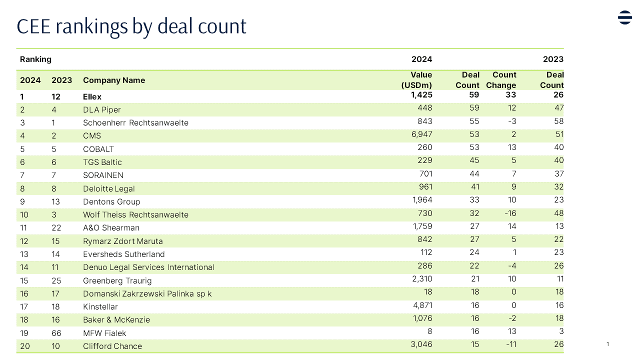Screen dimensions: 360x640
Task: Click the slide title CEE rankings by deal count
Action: pyautogui.click(x=131, y=26)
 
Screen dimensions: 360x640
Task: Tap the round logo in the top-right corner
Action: pyautogui.click(x=624, y=17)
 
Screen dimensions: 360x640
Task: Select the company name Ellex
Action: pyautogui.click(x=92, y=96)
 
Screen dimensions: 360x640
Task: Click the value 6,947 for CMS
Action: pyautogui.click(x=420, y=134)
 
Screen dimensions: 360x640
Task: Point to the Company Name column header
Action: pyautogui.click(x=114, y=80)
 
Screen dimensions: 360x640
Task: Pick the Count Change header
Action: pyautogui.click(x=501, y=80)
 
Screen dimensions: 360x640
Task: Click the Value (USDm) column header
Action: pyautogui.click(x=416, y=80)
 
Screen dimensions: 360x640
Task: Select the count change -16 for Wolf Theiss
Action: pyautogui.click(x=510, y=213)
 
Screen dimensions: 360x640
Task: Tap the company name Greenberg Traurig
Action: pyautogui.click(x=117, y=280)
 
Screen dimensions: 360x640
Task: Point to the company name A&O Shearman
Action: pyautogui.click(x=111, y=227)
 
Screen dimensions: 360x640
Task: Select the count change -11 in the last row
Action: pyautogui.click(x=510, y=344)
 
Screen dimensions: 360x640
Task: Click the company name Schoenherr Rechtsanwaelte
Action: pyautogui.click(x=135, y=122)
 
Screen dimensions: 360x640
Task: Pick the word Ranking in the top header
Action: pyautogui.click(x=35, y=59)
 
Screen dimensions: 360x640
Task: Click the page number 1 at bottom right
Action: pyautogui.click(x=607, y=343)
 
